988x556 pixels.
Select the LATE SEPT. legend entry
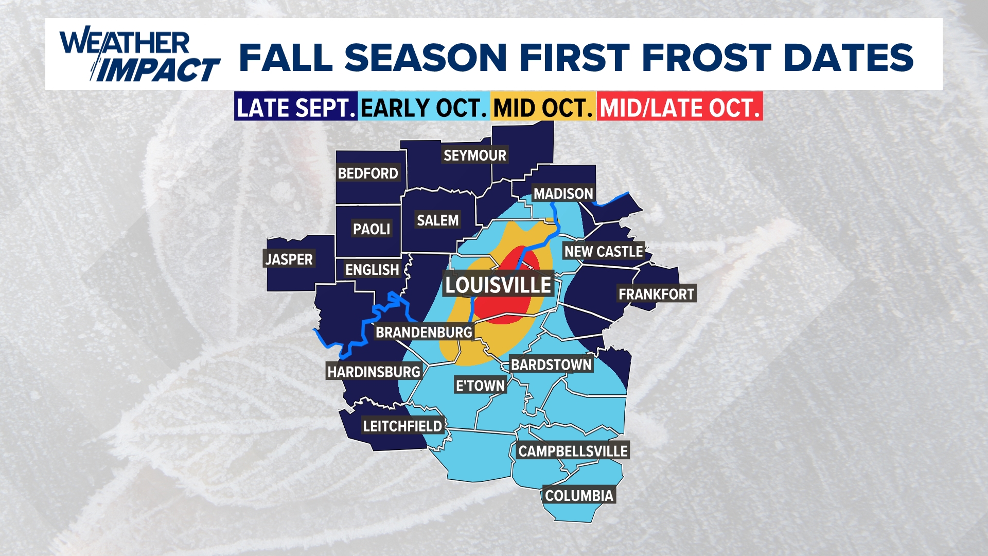point(296,108)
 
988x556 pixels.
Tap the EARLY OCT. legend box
point(424,108)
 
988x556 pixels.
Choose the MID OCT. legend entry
point(543,108)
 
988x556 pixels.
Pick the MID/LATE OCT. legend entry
point(679,108)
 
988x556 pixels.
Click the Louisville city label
point(498,285)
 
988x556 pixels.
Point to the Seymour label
point(474,155)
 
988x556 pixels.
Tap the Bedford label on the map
point(368,173)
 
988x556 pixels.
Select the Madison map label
point(563,194)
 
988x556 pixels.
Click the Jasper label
point(289,259)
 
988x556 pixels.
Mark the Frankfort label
point(656,294)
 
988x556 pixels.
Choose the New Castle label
point(603,251)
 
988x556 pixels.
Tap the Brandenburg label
point(424,332)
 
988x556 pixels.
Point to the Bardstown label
point(551,364)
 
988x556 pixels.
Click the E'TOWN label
point(480,385)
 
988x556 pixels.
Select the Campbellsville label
point(573,451)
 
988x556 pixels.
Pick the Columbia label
point(579,495)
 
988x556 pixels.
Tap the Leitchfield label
point(402,426)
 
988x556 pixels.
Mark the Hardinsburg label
point(374,371)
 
